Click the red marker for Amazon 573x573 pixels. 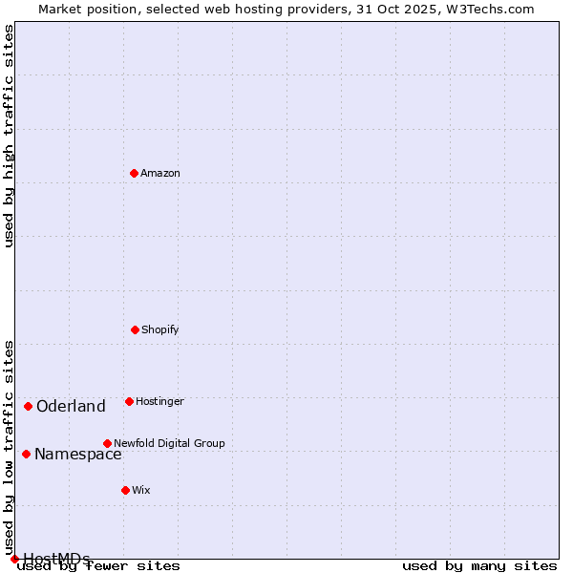(x=135, y=173)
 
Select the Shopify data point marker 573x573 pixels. (x=135, y=329)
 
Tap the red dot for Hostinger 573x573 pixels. (x=129, y=401)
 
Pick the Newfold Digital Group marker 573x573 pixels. (x=107, y=443)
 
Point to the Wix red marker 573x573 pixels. (x=125, y=490)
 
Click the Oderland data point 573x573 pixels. (x=29, y=406)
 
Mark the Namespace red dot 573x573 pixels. (x=26, y=454)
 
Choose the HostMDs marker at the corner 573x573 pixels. (x=14, y=559)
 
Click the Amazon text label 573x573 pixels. (x=160, y=174)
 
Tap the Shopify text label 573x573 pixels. (x=160, y=330)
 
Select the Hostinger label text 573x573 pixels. (x=159, y=402)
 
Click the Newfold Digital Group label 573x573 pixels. (x=169, y=444)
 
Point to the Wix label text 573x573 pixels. (x=141, y=491)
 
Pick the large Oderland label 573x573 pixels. (x=71, y=407)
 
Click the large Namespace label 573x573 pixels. (x=78, y=455)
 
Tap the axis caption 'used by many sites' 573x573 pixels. (x=479, y=566)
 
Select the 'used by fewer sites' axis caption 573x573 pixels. (x=99, y=566)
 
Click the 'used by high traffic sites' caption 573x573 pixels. (x=9, y=136)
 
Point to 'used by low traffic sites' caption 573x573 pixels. (x=9, y=449)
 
